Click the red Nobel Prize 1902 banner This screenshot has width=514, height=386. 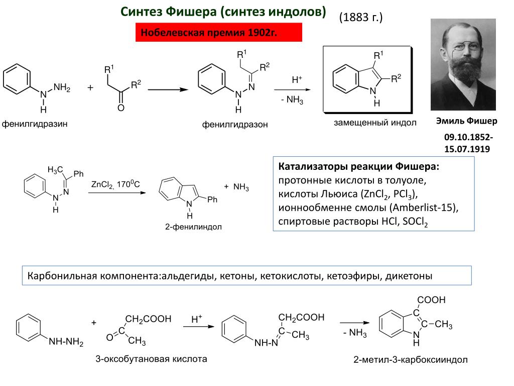pos(219,33)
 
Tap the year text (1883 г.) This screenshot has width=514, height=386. pos(360,18)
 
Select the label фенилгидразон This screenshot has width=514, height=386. pos(235,124)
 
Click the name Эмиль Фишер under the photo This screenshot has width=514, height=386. pos(466,121)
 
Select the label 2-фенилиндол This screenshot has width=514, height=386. pos(193,227)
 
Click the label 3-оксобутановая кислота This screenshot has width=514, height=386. pos(151,359)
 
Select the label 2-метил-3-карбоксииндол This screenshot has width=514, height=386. pos(410,360)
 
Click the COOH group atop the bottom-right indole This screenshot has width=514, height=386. pos(431,300)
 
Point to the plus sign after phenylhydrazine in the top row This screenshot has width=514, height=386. pos(90,87)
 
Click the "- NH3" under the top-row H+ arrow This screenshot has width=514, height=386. pos(292,100)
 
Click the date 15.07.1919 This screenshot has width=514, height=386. pos(467,149)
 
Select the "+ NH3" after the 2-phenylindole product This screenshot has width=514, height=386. pos(236,187)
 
